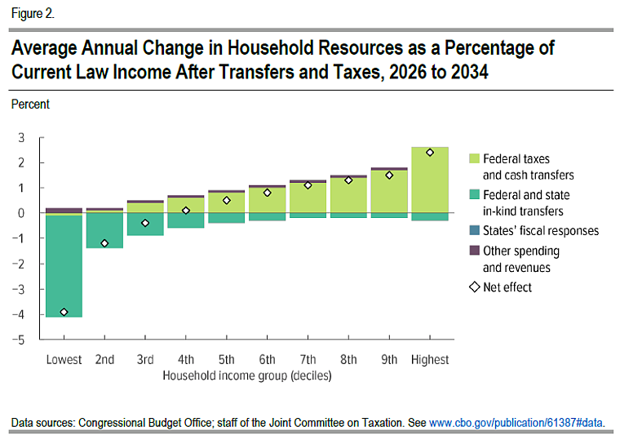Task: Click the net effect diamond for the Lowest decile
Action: coord(64,312)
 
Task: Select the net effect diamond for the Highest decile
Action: coord(430,152)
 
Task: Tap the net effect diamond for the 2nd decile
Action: coord(104,243)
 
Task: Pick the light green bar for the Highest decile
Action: coord(430,180)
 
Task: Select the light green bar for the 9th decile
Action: coord(389,192)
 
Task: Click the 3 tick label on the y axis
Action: coord(22,137)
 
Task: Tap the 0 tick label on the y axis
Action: coord(22,213)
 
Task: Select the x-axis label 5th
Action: coord(227,359)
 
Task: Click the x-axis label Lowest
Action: coord(64,359)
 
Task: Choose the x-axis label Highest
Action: coord(430,359)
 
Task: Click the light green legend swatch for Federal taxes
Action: coord(473,158)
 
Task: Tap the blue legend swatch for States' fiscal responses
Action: coord(473,231)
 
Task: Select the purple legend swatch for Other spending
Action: coord(473,251)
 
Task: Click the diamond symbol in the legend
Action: coord(473,287)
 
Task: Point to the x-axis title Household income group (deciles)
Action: coord(247,376)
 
